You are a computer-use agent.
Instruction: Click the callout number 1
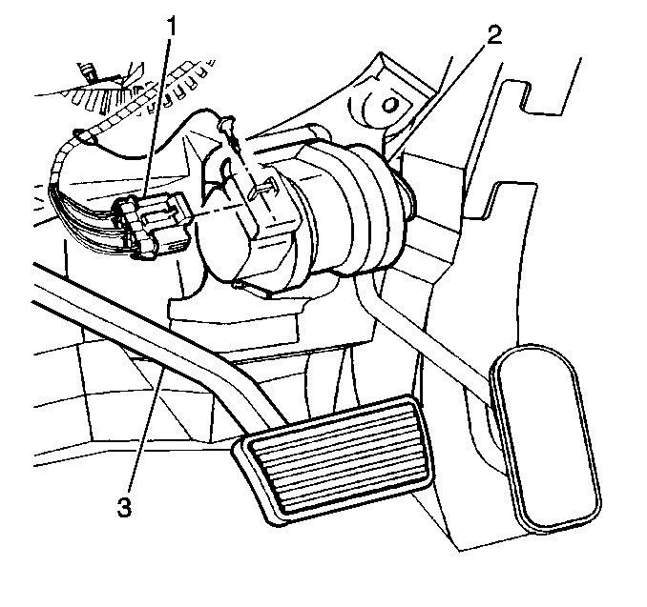coord(171,28)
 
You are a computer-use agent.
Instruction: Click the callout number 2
coord(494,35)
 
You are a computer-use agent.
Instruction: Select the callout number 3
coord(124,507)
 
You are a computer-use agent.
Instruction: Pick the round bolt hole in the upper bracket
coord(388,105)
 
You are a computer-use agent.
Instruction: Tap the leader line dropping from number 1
coord(158,117)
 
